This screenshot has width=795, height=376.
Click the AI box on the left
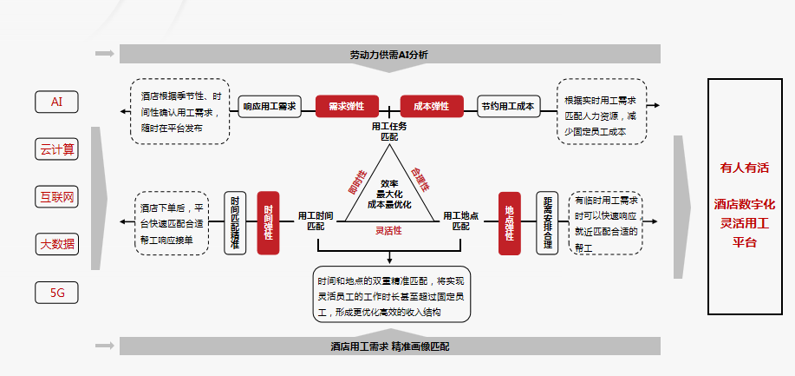click(x=57, y=102)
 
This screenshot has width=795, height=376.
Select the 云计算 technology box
click(x=57, y=149)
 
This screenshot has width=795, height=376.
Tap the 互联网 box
click(x=57, y=197)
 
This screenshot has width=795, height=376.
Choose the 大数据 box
click(x=57, y=244)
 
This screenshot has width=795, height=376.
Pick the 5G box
click(x=57, y=293)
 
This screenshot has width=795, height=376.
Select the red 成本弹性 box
click(x=432, y=107)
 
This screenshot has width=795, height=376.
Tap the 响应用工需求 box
click(x=269, y=107)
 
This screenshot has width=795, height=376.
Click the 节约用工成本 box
click(x=508, y=107)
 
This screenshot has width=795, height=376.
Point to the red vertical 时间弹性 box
click(x=268, y=222)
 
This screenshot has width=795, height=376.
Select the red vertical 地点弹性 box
click(x=509, y=222)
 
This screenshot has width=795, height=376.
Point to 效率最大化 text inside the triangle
click(x=389, y=184)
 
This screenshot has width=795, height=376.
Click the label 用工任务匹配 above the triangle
click(x=389, y=132)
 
